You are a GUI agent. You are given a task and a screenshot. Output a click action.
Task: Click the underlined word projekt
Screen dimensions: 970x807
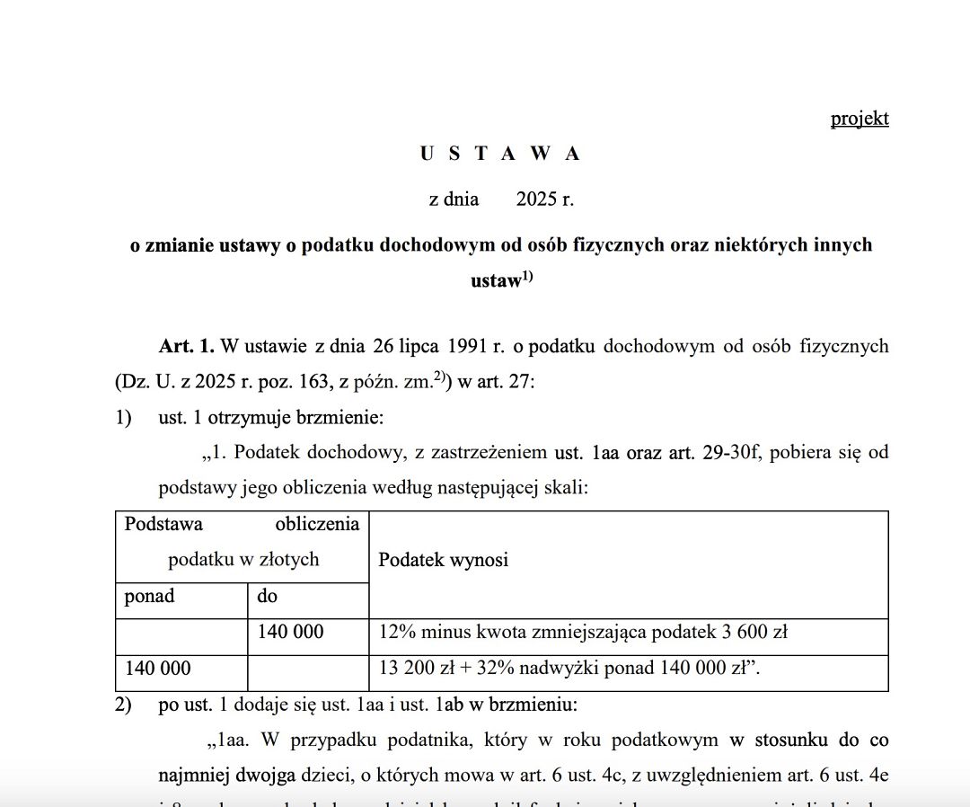[x=860, y=119]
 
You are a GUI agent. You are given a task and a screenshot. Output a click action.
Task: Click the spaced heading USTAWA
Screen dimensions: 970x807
[x=500, y=154]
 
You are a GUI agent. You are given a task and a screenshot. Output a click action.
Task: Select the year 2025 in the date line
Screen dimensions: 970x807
[x=536, y=200]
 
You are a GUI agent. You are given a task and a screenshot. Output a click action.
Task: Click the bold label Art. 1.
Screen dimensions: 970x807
[x=186, y=347]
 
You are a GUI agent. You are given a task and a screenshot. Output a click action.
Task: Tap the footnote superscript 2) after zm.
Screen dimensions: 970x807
[x=442, y=377]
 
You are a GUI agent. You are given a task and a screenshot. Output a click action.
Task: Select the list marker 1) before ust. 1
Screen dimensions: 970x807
[x=123, y=418]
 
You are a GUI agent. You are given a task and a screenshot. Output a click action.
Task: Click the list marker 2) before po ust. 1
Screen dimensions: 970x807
[x=123, y=705]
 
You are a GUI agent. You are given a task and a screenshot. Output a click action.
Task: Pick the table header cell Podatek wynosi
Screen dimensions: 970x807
[x=443, y=560]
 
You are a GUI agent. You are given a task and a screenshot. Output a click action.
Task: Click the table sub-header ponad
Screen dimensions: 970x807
[x=149, y=596]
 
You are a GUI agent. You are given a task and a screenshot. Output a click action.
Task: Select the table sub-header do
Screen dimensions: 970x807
[x=268, y=596]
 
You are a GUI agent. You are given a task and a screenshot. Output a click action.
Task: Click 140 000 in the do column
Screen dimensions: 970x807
[x=290, y=633]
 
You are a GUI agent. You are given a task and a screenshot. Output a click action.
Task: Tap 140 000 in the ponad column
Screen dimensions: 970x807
[x=158, y=669]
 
